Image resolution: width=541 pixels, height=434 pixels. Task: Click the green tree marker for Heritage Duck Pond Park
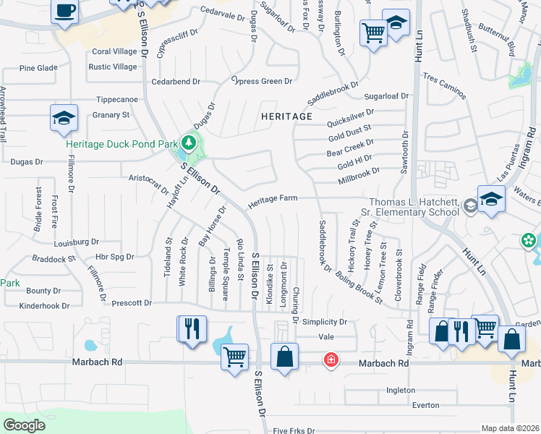189,142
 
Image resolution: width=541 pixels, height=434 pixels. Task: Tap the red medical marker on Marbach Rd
331,359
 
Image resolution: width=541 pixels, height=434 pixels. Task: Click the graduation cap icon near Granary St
64,119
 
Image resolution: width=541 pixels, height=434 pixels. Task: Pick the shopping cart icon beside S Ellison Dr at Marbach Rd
235,357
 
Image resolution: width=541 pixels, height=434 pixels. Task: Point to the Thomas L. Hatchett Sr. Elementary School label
413,207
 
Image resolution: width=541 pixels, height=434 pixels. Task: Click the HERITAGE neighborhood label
287,116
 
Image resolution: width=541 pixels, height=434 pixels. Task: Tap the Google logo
24,425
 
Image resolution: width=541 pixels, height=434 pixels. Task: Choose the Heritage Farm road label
273,203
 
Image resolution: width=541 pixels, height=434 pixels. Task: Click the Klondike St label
270,278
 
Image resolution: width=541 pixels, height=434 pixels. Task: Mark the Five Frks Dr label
294,430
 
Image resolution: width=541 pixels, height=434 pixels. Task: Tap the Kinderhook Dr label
45,306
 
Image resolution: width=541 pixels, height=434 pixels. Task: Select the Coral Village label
114,51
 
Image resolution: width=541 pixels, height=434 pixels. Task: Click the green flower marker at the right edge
529,239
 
